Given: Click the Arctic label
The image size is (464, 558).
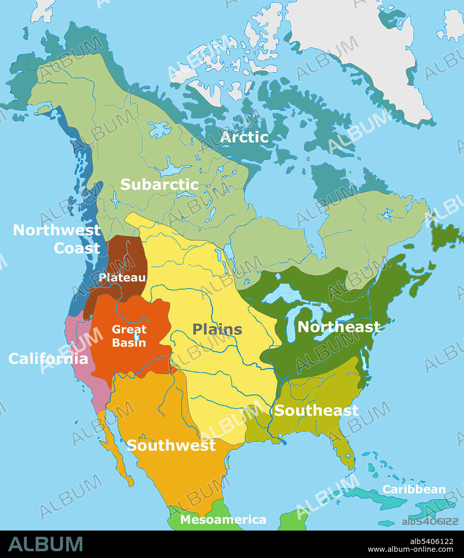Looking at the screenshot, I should point(244,137).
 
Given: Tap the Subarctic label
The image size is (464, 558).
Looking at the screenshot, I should point(159,184).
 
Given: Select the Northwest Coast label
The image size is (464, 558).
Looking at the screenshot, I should point(57,239).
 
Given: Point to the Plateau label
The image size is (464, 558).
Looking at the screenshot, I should point(122,278).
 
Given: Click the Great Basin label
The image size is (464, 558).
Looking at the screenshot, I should point(129,336).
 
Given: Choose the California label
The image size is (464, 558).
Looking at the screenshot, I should point(48,359).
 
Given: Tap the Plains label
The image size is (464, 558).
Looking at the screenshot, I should point(217,329).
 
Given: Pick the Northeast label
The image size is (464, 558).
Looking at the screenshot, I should point(338,327).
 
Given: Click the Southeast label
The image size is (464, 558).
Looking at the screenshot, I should point(316,410).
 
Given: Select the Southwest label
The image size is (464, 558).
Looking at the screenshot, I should point(171,445).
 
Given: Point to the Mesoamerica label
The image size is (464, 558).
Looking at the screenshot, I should point(223,520).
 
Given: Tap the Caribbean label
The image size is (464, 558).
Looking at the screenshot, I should point(414,490).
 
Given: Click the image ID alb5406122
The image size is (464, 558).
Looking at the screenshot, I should point(430,521).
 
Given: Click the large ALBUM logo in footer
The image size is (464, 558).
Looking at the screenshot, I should point(46,544).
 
